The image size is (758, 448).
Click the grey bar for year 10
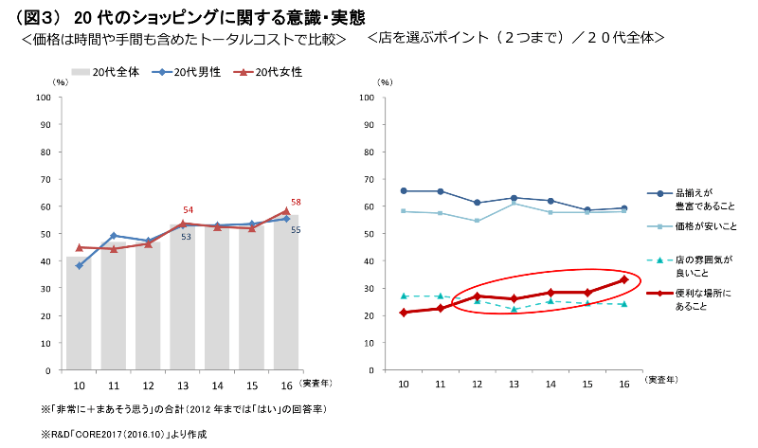point(79,313)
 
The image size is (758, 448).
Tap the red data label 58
point(296,202)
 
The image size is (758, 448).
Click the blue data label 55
point(296,230)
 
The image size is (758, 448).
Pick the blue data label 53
point(187,237)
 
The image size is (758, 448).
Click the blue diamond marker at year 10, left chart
point(79,266)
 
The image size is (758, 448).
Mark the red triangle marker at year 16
point(286,211)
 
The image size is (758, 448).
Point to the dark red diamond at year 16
point(623,279)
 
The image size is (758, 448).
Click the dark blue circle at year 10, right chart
point(404,191)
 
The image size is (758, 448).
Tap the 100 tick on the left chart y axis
point(44,98)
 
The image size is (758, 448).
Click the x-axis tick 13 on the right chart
point(514,384)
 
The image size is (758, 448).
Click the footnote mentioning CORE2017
point(123,433)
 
